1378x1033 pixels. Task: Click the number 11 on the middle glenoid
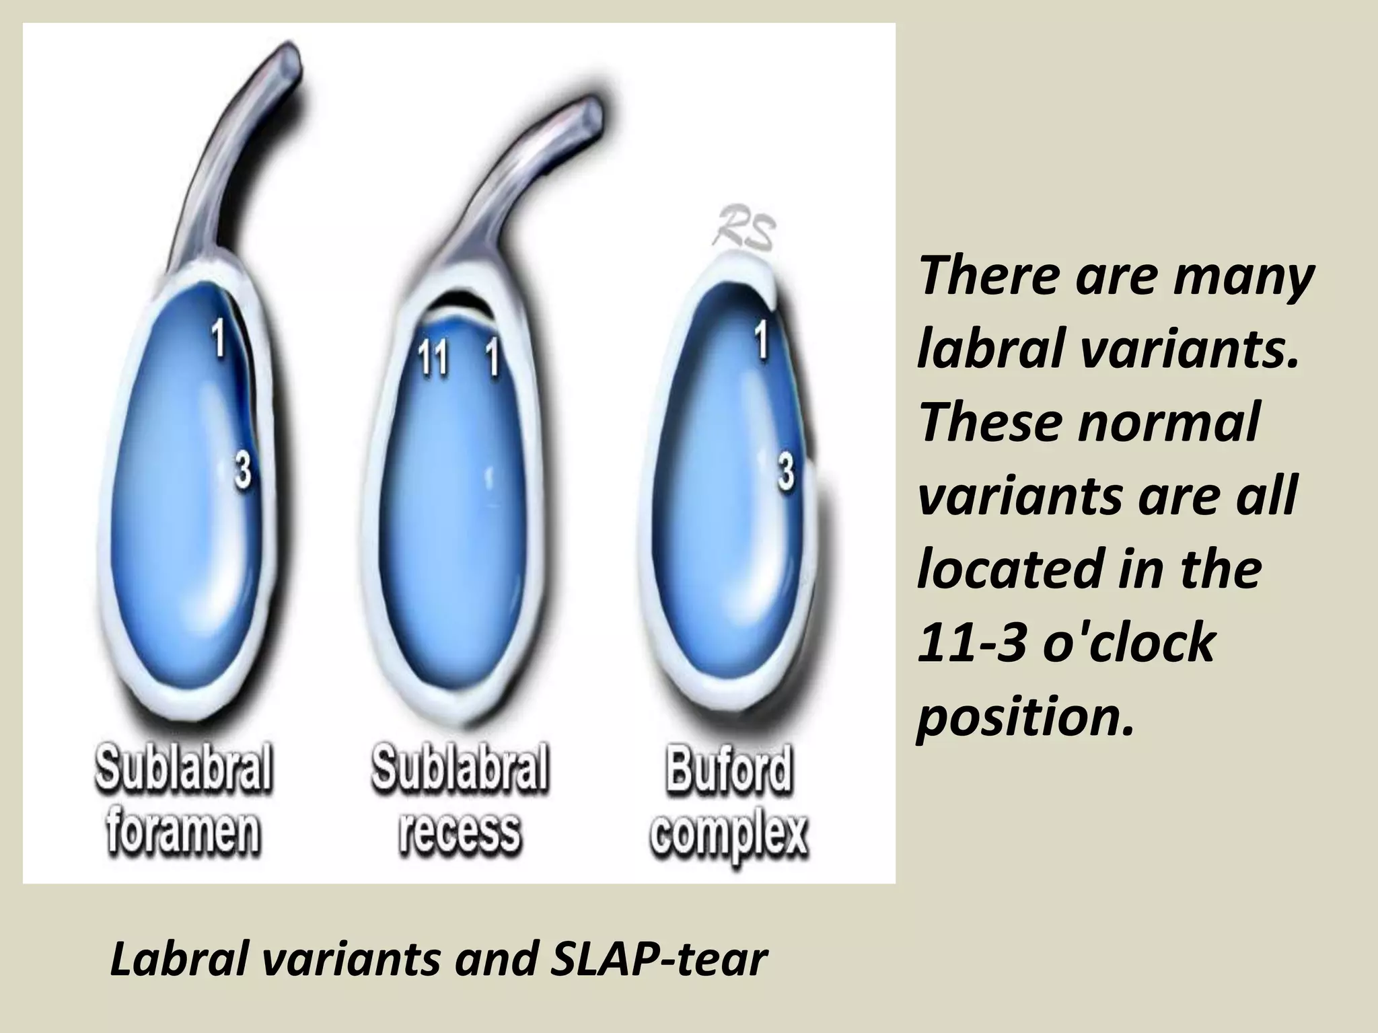(433, 357)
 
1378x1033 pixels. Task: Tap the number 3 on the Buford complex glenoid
(785, 472)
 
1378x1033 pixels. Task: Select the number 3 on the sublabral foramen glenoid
(242, 469)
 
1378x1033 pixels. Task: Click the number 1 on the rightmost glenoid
(761, 340)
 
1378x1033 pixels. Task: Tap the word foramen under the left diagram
(183, 833)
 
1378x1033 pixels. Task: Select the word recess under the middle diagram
(460, 833)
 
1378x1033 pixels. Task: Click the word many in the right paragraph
(1243, 276)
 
